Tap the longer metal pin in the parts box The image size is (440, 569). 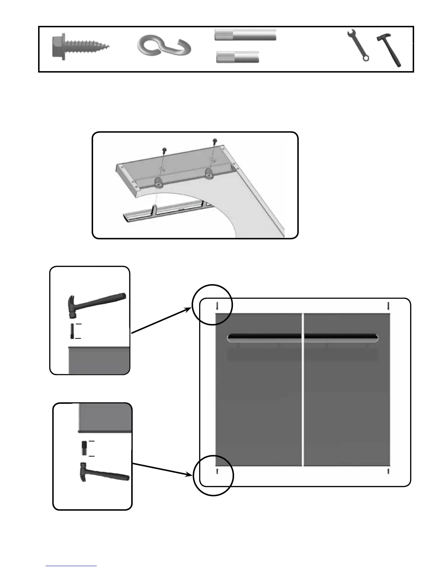pos(246,35)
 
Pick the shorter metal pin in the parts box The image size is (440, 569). pos(238,57)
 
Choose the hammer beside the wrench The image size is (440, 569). pos(389,50)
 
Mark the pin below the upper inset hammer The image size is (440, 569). pos(72,331)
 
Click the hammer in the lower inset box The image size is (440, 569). pos(104,472)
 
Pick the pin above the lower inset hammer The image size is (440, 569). pos(84,448)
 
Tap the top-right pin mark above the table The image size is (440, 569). pos(389,306)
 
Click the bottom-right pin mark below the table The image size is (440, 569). pos(389,471)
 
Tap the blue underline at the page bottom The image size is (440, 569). pos(71,566)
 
